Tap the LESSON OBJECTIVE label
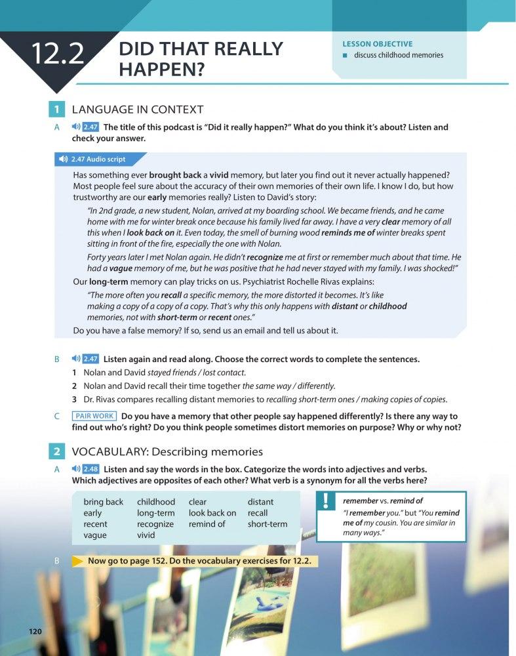tap(377, 44)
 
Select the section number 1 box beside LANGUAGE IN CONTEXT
tap(58, 110)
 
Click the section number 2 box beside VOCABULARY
tap(58, 451)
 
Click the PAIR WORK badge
tap(95, 416)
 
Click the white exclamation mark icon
tap(326, 501)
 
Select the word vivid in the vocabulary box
tap(146, 535)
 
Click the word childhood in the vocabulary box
tap(156, 502)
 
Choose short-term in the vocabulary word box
tap(268, 524)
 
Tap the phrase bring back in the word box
tap(104, 502)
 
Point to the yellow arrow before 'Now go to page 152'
tap(78, 562)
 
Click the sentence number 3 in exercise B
tap(75, 399)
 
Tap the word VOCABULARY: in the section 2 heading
tap(104, 451)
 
